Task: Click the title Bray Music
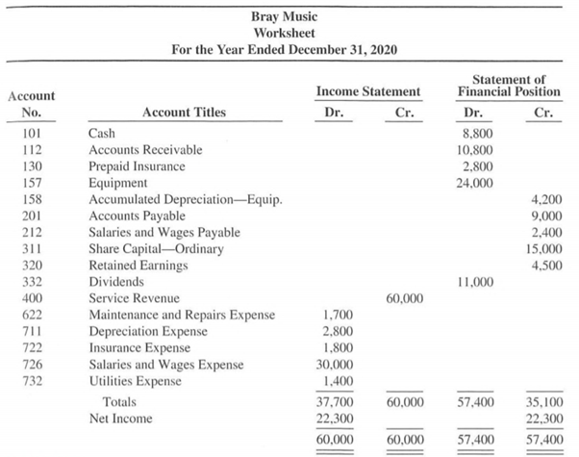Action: (x=289, y=15)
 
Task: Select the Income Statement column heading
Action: (x=368, y=91)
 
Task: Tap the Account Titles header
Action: (x=184, y=113)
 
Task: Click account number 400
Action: (x=31, y=299)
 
